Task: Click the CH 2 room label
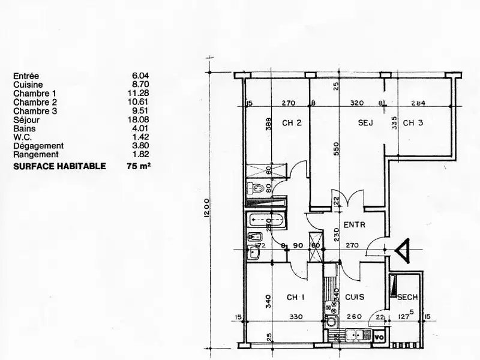[291, 124]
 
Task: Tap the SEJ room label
[365, 124]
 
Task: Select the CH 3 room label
[413, 124]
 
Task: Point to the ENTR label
[355, 225]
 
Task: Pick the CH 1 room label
[296, 296]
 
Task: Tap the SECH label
[407, 297]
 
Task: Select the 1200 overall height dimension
[205, 209]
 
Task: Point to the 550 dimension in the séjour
[336, 148]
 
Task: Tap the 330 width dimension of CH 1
[295, 317]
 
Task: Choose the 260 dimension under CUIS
[354, 317]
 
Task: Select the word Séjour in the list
[25, 120]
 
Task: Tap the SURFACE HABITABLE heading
[59, 166]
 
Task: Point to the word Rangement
[34, 154]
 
